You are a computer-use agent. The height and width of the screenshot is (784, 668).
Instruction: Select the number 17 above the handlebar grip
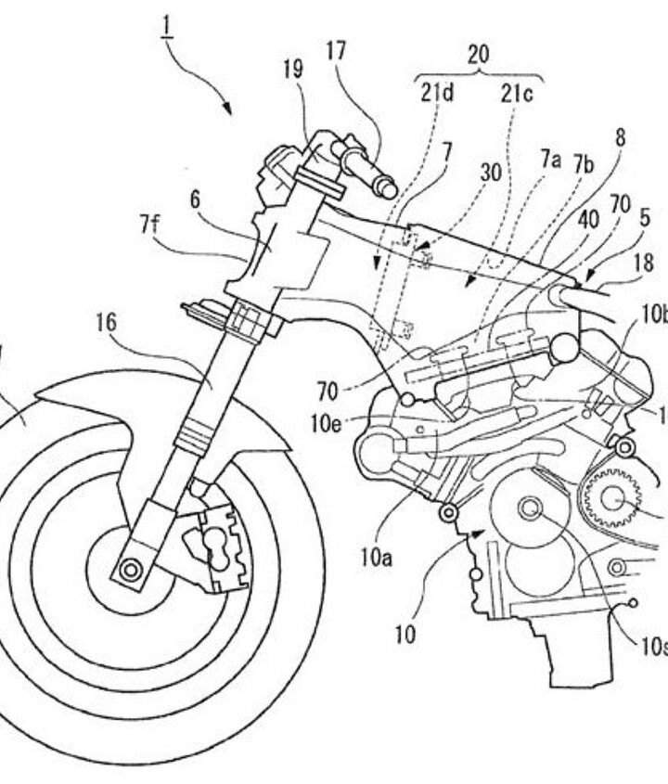tap(336, 52)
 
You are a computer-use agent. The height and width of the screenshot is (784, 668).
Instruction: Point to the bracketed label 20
tap(478, 55)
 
